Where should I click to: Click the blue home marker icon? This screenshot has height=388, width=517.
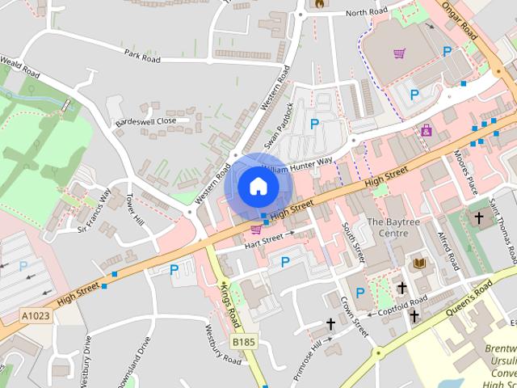(258, 187)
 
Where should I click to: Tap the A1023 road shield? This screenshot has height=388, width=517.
(35, 315)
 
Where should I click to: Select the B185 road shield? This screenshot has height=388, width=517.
(243, 343)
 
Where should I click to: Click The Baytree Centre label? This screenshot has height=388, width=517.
(388, 227)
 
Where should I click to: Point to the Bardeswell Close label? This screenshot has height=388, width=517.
(145, 121)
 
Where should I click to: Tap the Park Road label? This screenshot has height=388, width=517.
(142, 56)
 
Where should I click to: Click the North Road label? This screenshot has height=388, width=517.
(367, 12)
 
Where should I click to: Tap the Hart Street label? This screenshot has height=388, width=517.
(264, 238)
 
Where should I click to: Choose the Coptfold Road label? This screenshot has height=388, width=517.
(401, 306)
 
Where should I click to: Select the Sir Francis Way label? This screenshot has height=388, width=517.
(94, 212)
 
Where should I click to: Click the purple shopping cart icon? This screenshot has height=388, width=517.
(399, 54)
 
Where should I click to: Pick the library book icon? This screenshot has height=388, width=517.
(419, 264)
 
